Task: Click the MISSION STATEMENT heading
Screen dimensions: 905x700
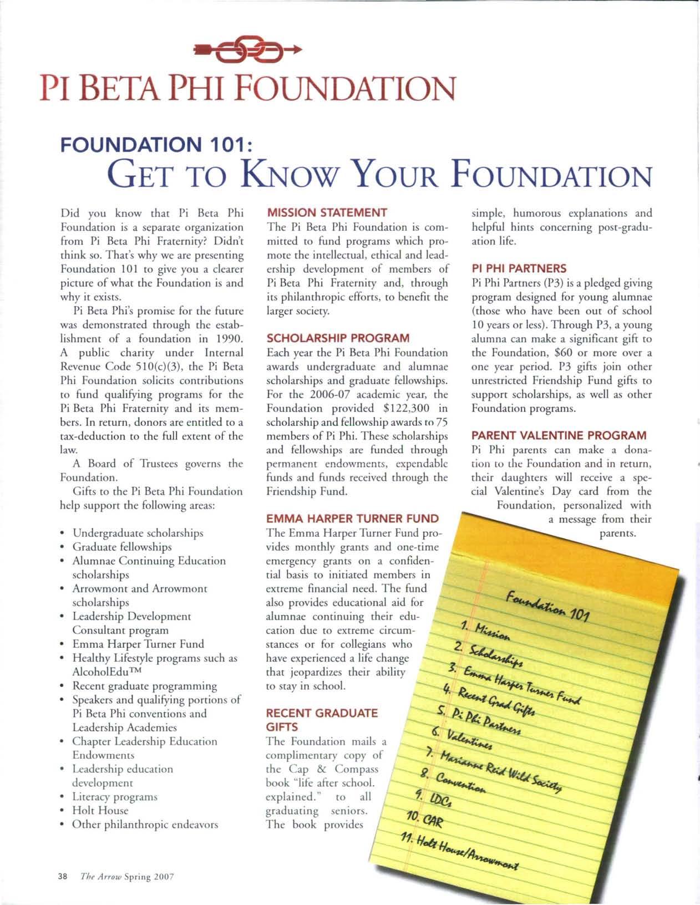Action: [327, 212]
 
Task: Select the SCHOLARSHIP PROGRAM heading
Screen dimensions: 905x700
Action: [338, 338]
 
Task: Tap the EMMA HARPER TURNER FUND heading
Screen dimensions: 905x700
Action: [352, 519]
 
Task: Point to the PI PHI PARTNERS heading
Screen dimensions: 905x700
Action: [519, 269]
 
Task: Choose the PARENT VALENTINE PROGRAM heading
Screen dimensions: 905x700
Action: [559, 436]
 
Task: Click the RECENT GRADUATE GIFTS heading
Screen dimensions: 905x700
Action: [322, 720]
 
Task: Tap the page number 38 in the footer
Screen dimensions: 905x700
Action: [62, 877]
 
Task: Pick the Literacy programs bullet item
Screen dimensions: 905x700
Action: [115, 797]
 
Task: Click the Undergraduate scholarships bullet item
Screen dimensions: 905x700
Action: [138, 533]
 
